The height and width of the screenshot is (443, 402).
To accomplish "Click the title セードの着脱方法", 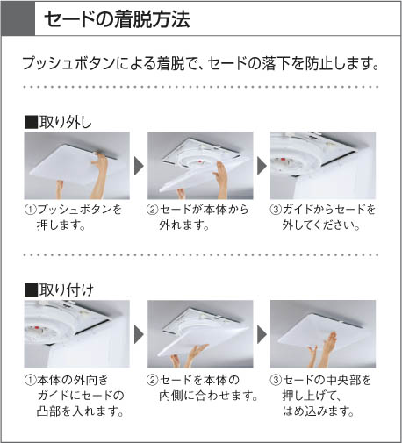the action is point(117,19).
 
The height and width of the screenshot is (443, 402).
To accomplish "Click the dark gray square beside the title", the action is point(18,18).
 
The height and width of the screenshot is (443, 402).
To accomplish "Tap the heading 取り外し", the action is point(66,122).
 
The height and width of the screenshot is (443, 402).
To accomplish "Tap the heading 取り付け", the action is point(67,290).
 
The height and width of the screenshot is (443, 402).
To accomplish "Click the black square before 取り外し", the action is point(31,122).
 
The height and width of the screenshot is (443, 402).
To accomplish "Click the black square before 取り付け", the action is point(31,290).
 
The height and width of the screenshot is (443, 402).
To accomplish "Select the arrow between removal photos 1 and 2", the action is point(139,166).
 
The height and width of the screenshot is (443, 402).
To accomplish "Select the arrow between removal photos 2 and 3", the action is point(262,166).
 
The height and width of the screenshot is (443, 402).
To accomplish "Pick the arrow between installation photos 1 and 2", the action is point(139,334).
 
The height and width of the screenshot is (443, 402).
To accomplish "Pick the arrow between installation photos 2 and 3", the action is point(262,334).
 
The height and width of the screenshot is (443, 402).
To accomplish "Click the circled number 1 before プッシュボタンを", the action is point(31,210).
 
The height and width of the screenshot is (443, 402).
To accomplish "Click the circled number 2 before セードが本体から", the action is point(153,210).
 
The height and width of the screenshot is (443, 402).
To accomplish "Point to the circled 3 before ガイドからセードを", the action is point(276,210).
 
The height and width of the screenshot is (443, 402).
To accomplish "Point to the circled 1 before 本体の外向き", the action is point(31,380).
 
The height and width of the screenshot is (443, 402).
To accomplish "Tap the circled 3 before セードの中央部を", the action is point(276,380).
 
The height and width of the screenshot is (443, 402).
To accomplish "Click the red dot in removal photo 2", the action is point(200,161).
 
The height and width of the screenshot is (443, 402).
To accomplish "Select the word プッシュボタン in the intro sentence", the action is point(68,63).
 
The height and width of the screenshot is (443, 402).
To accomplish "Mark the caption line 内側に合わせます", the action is point(208,396).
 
